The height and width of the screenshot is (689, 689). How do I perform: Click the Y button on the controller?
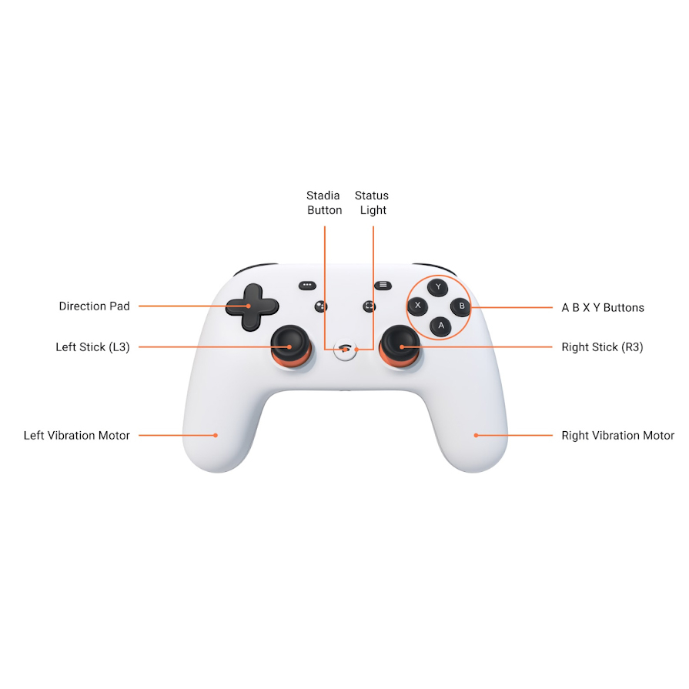coord(438,287)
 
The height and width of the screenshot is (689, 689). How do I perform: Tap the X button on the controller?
coord(417,306)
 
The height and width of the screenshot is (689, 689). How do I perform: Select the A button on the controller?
coord(441,326)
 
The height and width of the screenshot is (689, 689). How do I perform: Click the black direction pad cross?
coord(252,306)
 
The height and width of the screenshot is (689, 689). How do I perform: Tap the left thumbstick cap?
coord(289,340)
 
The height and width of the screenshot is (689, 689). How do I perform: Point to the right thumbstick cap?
coord(400,340)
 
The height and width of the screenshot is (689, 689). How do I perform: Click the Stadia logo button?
coord(345,350)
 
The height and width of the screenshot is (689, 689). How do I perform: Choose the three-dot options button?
coord(307,285)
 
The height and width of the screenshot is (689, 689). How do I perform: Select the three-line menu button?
coord(383,285)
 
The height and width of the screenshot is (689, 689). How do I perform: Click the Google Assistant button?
coord(321,306)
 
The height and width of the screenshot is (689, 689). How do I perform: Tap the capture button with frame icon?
coord(369,306)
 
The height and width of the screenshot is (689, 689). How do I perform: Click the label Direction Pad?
coord(95,306)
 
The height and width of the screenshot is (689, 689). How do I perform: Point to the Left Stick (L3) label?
coord(92,347)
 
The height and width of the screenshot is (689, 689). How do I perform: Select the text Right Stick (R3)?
coord(603,347)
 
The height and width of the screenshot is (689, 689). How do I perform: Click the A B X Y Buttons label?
coord(603,308)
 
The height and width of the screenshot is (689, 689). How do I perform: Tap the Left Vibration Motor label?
coord(77,436)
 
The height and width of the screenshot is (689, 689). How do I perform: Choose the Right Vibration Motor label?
coord(618,436)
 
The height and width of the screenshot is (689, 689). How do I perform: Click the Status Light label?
coord(372,202)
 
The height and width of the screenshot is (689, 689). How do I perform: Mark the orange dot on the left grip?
coord(216,436)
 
